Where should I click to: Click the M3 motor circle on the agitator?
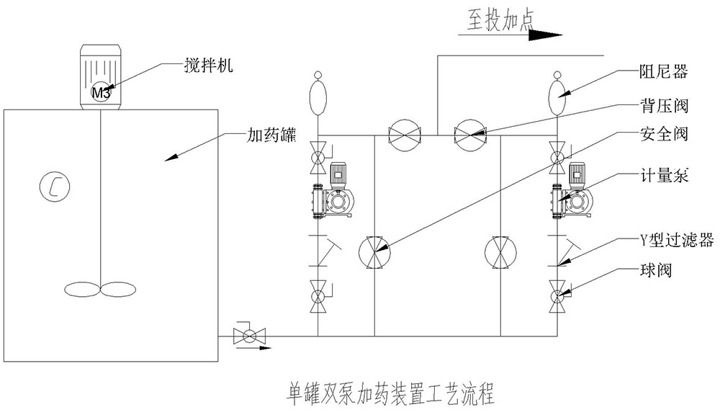point(100,92)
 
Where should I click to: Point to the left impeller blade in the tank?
point(81,288)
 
